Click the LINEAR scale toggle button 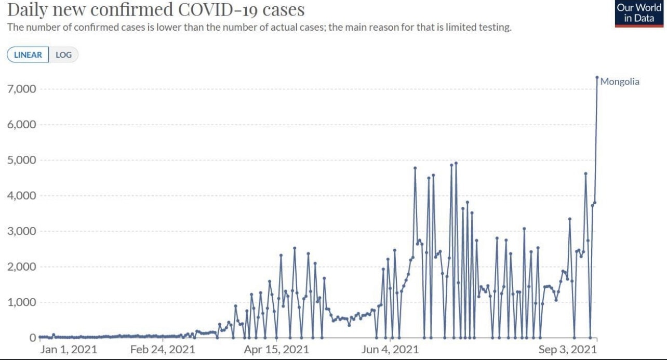pos(28,55)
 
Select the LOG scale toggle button pos(63,55)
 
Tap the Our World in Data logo pos(638,14)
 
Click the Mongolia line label pos(620,82)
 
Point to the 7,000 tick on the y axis pos(21,89)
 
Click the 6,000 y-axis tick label pos(21,125)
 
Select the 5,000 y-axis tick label pos(21,160)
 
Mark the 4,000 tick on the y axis pos(21,196)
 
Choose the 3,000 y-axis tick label pos(21,231)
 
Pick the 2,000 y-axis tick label pos(21,267)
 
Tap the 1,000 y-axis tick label pos(21,302)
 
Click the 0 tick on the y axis pos(32,338)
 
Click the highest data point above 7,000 pos(597,77)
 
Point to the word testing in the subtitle pos(495,28)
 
